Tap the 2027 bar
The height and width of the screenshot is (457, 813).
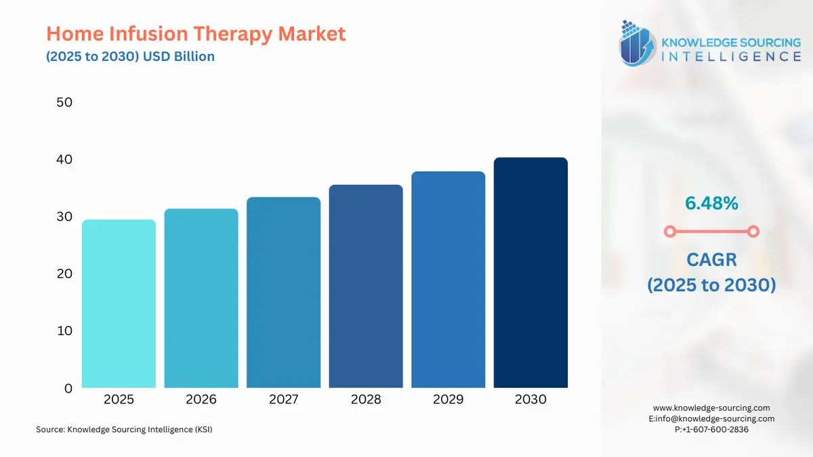coord(283,292)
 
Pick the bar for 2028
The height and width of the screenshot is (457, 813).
coord(366,286)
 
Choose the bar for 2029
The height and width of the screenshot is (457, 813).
coord(448,280)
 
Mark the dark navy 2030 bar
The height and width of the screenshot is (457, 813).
coord(530,273)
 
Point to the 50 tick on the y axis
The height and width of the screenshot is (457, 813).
coord(64,102)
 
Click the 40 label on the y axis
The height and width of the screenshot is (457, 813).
coord(64,159)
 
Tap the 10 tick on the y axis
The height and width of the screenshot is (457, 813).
coord(64,330)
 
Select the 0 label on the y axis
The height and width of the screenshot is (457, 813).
coord(68,388)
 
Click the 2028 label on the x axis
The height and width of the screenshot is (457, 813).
coord(366,399)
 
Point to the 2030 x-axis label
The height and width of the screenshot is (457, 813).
coord(530,399)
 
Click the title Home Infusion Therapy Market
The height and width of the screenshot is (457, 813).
coord(196,34)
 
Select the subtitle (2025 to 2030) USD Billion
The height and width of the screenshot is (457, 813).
coord(130,56)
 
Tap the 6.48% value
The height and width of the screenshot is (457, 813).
coord(711,202)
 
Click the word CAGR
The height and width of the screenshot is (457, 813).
coord(711,259)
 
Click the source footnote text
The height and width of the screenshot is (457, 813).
coord(124,429)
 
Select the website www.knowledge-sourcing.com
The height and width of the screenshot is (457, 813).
coord(711,408)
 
